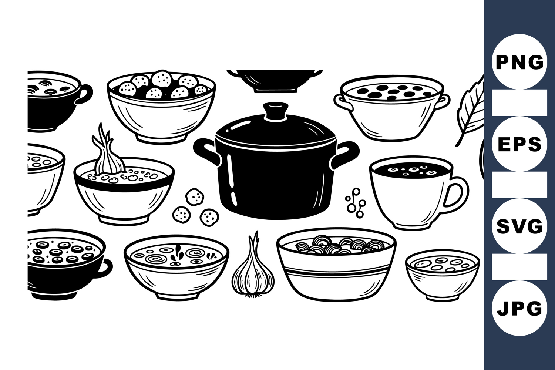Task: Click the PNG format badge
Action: click(519, 62)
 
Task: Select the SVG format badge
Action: click(519, 226)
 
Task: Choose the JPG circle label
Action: click(519, 308)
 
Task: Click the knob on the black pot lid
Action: click(276, 111)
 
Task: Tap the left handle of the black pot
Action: click(207, 151)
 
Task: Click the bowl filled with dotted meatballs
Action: click(161, 107)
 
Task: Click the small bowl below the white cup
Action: click(443, 275)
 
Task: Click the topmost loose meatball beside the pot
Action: click(195, 197)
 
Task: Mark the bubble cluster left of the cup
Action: click(356, 202)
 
